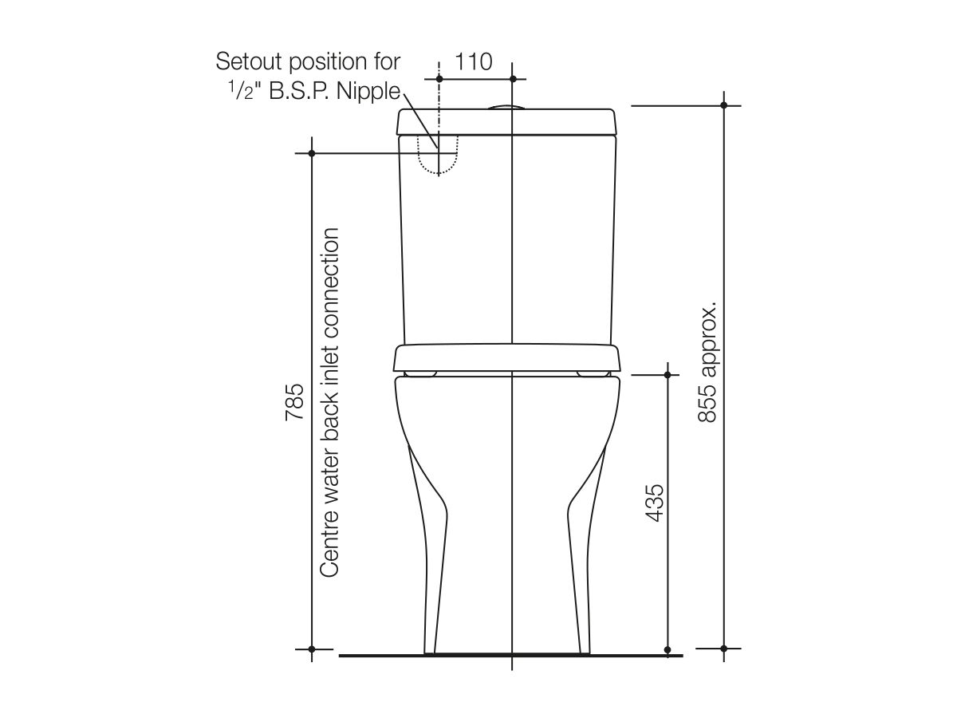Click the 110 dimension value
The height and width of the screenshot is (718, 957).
[x=475, y=61]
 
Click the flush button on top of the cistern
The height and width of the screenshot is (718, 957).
[x=504, y=106]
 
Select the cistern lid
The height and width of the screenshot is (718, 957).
[x=508, y=122]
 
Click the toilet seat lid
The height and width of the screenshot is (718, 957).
[x=507, y=357]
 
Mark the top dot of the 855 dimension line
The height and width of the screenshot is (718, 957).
[x=724, y=105]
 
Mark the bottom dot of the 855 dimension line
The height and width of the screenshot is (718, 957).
[x=724, y=648]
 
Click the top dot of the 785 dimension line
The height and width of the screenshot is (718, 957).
[x=312, y=153]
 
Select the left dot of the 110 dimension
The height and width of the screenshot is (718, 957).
[x=439, y=78]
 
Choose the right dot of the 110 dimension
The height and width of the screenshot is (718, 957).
[x=512, y=78]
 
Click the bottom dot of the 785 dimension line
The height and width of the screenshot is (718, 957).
[x=312, y=648]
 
